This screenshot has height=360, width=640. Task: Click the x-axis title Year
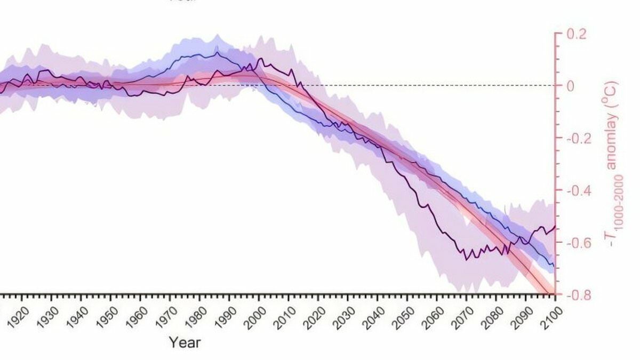[x=185, y=342]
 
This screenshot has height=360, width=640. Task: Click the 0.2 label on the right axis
[x=576, y=34]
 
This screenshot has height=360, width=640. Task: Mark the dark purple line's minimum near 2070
[x=465, y=259]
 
